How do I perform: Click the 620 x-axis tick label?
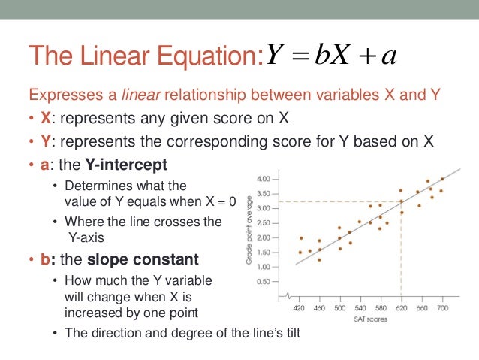401,307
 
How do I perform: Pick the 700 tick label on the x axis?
442,307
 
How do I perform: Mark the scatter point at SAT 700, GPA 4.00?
442,179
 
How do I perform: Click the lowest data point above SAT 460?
319,260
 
